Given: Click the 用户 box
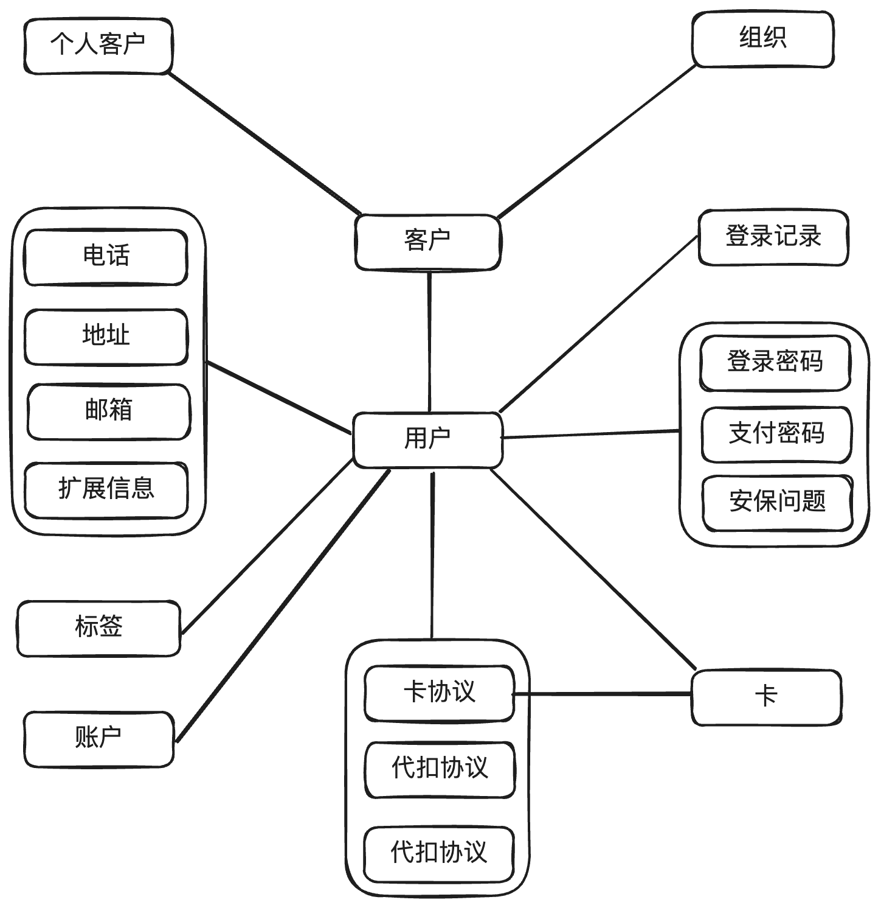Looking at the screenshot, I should pyautogui.click(x=427, y=440).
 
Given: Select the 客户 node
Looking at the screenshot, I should pyautogui.click(x=427, y=241).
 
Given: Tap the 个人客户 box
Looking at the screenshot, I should pyautogui.click(x=98, y=46).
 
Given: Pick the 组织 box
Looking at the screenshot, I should pyautogui.click(x=762, y=40).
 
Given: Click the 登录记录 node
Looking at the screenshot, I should pyautogui.click(x=773, y=237).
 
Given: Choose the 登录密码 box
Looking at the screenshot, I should pyautogui.click(x=775, y=363).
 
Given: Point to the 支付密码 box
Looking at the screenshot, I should pyautogui.click(x=776, y=435).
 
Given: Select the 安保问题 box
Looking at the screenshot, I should pyautogui.click(x=778, y=503).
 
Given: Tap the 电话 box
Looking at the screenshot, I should pyautogui.click(x=106, y=257).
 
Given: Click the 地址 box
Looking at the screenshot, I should pyautogui.click(x=106, y=337).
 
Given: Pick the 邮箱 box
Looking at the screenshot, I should pyautogui.click(x=108, y=411).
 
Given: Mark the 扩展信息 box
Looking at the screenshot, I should pyautogui.click(x=106, y=490).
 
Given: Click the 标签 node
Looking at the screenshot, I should pyautogui.click(x=98, y=628).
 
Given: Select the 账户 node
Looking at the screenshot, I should pyautogui.click(x=98, y=739).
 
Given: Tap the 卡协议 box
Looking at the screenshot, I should pyautogui.click(x=439, y=694).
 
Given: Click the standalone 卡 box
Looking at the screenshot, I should pyautogui.click(x=766, y=697).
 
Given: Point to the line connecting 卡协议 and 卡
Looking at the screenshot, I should pyautogui.click(x=603, y=693).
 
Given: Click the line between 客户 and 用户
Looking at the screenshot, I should pyautogui.click(x=429, y=341).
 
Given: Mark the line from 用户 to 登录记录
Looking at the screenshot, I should pyautogui.click(x=599, y=324).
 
